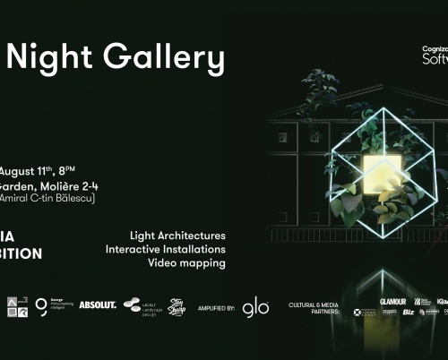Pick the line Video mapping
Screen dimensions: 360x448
165,263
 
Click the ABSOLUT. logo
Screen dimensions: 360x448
97,305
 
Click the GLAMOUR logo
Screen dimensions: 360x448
392,302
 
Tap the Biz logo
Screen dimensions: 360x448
409,313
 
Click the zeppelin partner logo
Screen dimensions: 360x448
363,313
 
